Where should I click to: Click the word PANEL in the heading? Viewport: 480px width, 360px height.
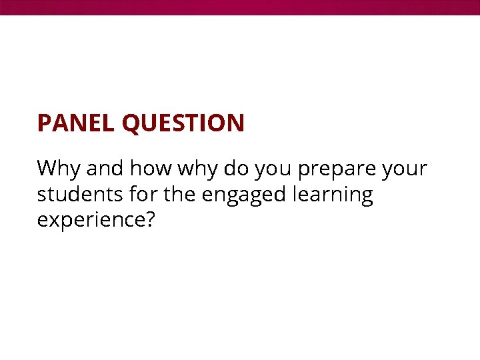click(76, 123)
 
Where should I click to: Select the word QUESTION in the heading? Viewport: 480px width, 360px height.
click(183, 123)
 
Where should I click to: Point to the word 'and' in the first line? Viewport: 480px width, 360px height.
click(105, 169)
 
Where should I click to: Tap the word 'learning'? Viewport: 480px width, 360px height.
click(333, 197)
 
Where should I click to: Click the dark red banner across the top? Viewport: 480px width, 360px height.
click(240, 7)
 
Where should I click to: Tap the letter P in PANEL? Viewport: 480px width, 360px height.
click(44, 123)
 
